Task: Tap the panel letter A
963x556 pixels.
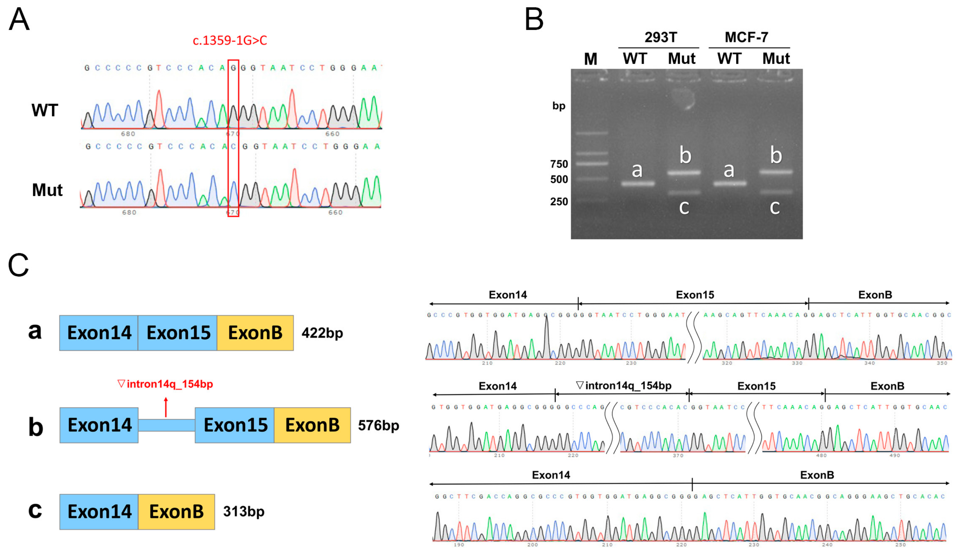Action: [x=19, y=20]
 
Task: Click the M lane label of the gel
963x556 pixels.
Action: [x=590, y=59]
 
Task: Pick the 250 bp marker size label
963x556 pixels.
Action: [x=559, y=201]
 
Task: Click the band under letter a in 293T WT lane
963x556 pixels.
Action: [x=638, y=184]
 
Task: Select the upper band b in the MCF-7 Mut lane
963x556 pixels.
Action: [x=776, y=172]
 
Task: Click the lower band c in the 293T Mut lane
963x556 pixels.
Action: [x=684, y=192]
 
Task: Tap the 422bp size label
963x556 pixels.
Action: [x=322, y=333]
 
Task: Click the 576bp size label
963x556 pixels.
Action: [x=378, y=425]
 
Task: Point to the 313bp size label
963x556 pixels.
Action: [x=243, y=511]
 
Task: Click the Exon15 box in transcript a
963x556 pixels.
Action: [x=178, y=333]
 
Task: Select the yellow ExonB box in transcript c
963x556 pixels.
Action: [x=176, y=512]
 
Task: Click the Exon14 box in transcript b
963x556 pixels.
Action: [x=99, y=425]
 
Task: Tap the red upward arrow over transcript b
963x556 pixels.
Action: [x=166, y=407]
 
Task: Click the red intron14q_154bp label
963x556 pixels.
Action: [x=166, y=384]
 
